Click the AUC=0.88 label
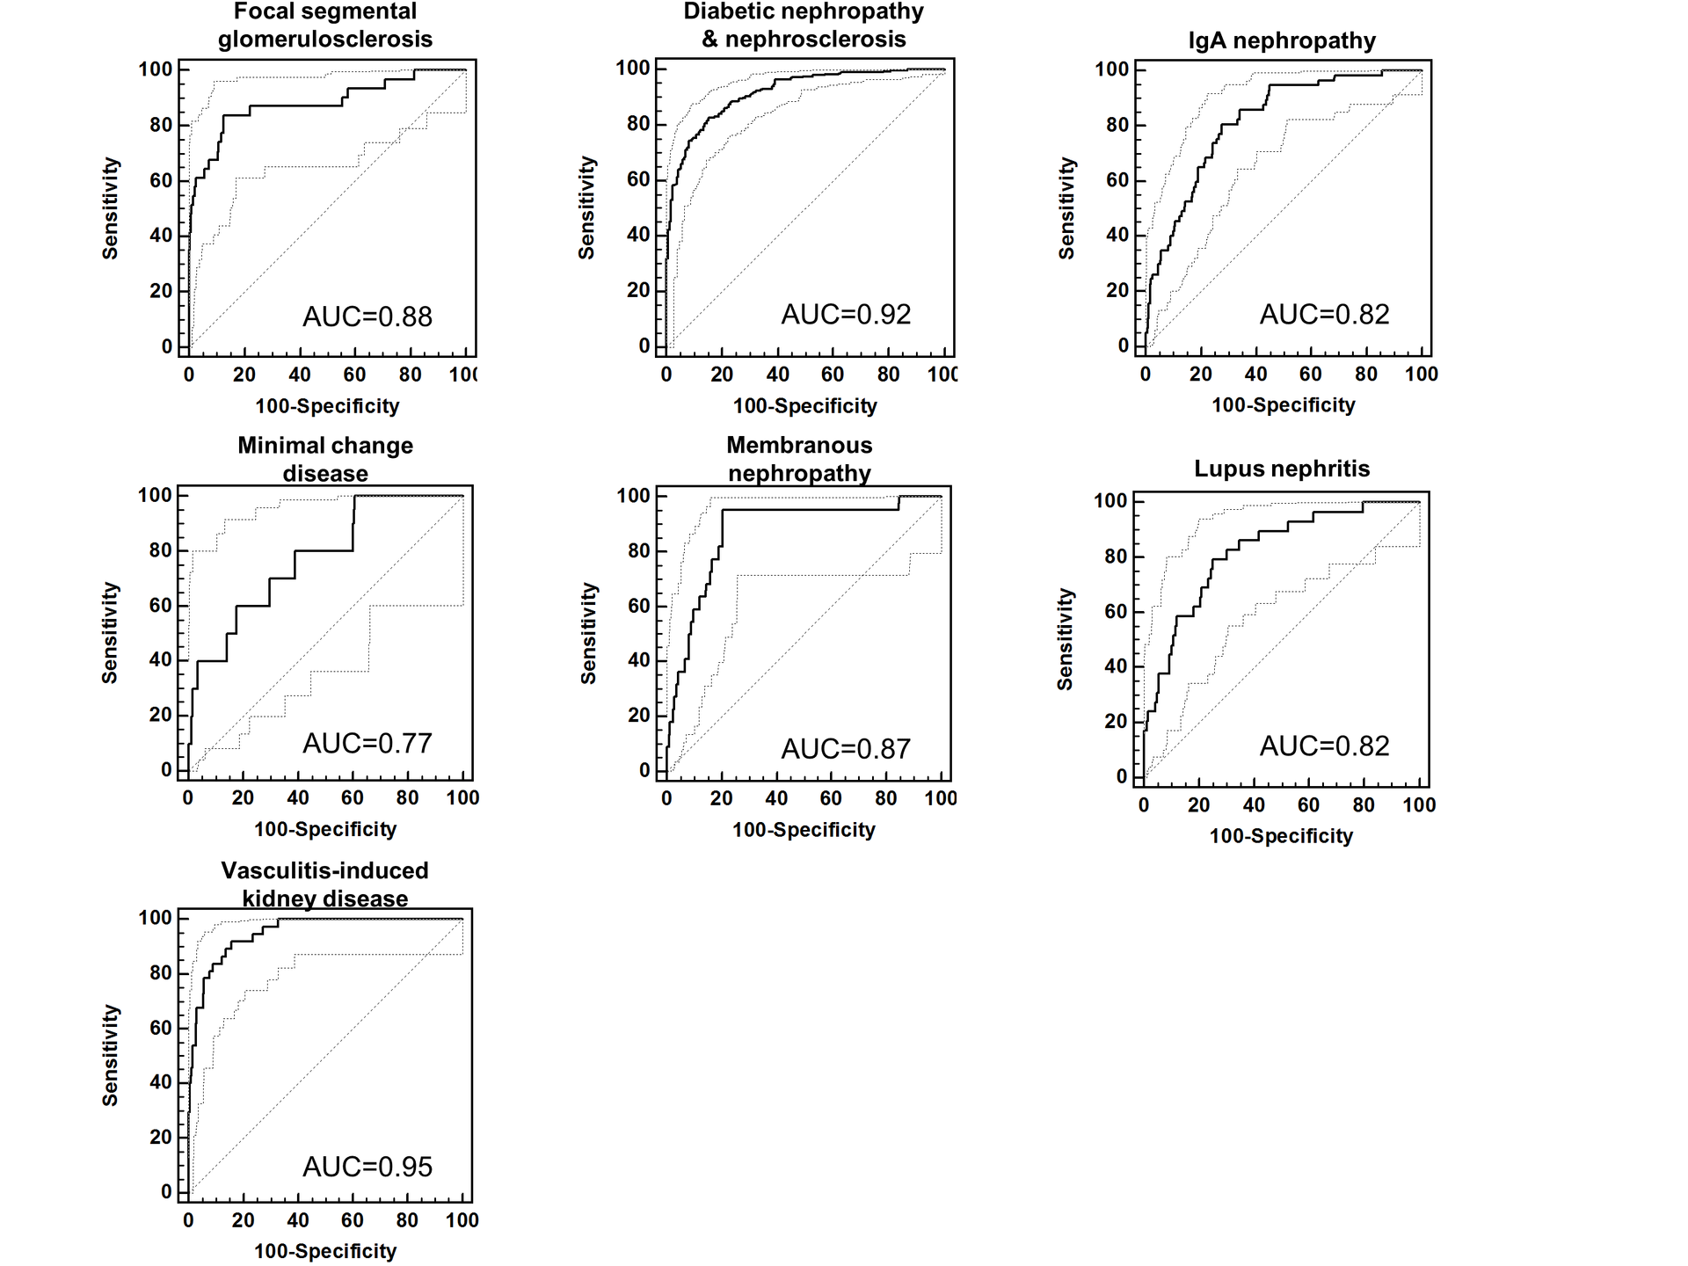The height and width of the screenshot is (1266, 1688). [x=367, y=316]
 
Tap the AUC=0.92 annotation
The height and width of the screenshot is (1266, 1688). [x=846, y=315]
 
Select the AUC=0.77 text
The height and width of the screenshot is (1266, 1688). [x=367, y=744]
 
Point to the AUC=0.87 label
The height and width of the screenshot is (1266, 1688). [x=846, y=749]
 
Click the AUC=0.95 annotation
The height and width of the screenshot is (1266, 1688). [x=367, y=1168]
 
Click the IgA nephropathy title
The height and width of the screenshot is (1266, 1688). [x=1282, y=40]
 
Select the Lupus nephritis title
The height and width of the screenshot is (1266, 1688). [x=1282, y=469]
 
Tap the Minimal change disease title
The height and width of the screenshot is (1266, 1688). [x=325, y=459]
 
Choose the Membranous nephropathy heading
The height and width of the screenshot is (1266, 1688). [x=799, y=459]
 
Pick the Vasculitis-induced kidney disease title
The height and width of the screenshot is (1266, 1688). [x=325, y=884]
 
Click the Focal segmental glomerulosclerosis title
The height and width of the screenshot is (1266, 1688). [x=325, y=25]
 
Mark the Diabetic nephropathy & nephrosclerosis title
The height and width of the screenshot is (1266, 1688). [x=804, y=25]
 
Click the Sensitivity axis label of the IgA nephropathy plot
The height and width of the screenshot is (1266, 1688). [x=1066, y=208]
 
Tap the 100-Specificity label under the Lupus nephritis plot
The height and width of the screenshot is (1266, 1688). [x=1281, y=836]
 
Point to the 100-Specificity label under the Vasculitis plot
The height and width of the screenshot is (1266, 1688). [x=325, y=1251]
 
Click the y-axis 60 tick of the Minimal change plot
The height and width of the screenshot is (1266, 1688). [x=161, y=606]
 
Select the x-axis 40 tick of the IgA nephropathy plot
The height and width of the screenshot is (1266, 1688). [x=1255, y=375]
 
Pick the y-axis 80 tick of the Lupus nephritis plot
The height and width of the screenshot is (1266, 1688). [x=1116, y=557]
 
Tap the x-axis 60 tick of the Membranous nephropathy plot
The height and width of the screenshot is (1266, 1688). [x=831, y=798]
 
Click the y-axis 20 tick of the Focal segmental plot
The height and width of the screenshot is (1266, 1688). [x=161, y=291]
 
